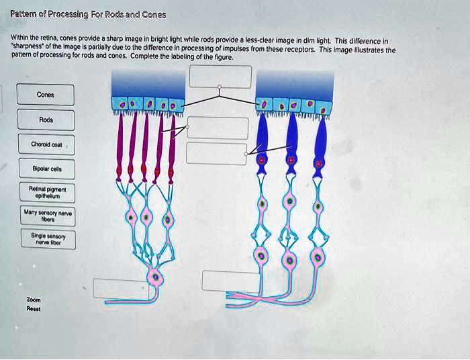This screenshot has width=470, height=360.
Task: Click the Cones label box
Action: click(x=46, y=95)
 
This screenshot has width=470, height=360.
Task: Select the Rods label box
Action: click(x=46, y=120)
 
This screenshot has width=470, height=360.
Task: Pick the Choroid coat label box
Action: click(x=46, y=144)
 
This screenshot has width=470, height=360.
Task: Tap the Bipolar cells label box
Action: click(x=46, y=168)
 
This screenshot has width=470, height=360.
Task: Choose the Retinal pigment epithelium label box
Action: click(x=46, y=193)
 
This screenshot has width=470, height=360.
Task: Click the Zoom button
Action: click(x=34, y=300)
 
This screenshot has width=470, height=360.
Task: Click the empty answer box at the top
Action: click(x=220, y=77)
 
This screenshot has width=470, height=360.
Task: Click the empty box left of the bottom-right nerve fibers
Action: click(x=230, y=281)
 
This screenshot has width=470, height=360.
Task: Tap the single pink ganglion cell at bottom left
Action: click(x=156, y=275)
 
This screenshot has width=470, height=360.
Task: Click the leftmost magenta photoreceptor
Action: click(x=120, y=144)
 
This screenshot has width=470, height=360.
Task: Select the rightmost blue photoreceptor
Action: click(x=320, y=144)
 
